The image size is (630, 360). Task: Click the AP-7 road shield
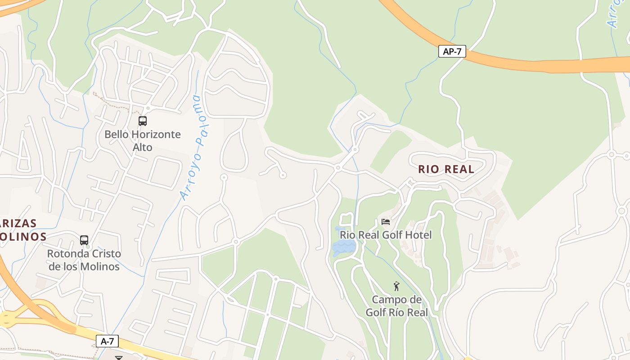coord(452,51)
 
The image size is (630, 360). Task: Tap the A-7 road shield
coord(107,341)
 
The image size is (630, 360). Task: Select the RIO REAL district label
coord(446,169)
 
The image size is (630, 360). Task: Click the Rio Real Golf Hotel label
coord(385,235)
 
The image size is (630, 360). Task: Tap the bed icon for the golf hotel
coord(386,222)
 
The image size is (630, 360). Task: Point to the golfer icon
coord(396,286)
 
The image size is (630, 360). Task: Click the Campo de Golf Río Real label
coord(396,306)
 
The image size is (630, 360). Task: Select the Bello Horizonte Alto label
coord(143,140)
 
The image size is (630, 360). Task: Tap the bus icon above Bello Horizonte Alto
coord(143,121)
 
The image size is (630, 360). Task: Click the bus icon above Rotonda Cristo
coord(84,240)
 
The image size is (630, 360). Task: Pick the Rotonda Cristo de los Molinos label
coord(84,260)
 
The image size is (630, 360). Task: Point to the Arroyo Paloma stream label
coord(196,148)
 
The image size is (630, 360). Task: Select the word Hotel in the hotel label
coord(418,235)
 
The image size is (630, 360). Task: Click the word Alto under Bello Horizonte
coord(143,147)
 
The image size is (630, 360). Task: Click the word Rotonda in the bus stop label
coord(66,254)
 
